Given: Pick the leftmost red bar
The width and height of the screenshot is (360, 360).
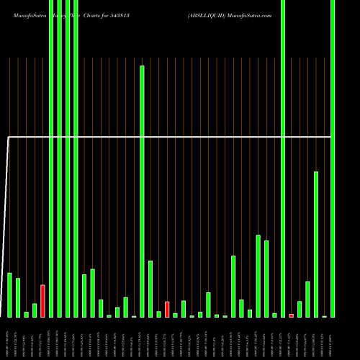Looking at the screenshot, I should [x=42, y=301].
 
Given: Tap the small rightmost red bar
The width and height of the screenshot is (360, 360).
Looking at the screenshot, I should [x=291, y=315].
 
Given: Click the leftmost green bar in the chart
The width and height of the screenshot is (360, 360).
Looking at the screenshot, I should [x=9, y=294].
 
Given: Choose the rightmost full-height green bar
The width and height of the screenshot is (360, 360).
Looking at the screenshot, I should [x=333, y=158].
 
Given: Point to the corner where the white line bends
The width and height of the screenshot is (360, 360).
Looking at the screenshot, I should [x=9, y=136].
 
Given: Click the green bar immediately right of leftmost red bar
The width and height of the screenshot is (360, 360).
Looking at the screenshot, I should [x=51, y=158].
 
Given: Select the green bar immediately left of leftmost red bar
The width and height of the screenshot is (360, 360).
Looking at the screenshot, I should [x=35, y=310].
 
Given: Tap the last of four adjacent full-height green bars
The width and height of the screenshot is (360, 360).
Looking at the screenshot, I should [x=76, y=158].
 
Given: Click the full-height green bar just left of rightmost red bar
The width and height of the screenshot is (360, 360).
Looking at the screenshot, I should [x=283, y=158].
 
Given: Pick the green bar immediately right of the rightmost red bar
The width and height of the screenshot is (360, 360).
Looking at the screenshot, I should [x=300, y=309].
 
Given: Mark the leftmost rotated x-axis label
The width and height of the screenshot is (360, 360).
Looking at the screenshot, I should [x=9, y=338].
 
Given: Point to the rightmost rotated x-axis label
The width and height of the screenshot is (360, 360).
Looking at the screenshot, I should [x=333, y=338].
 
